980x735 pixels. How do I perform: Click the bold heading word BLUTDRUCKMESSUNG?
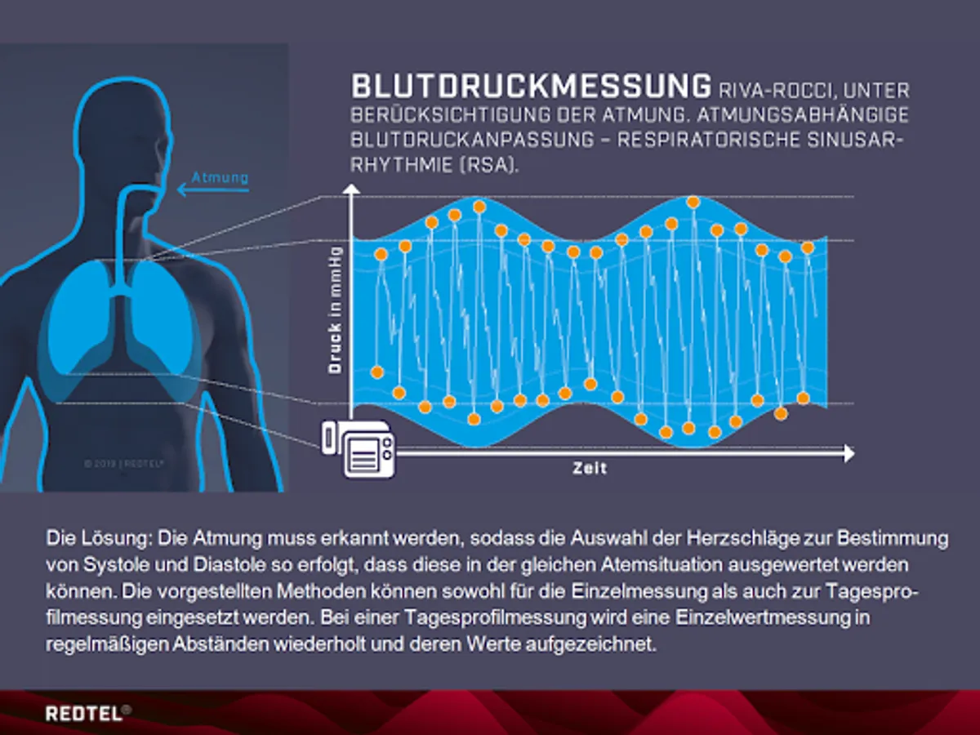(x=531, y=86)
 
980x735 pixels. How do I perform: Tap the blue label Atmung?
(x=220, y=177)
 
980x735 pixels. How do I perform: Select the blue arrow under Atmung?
(x=213, y=190)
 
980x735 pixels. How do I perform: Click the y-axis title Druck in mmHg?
(x=334, y=310)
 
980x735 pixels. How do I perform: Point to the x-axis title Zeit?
(x=590, y=468)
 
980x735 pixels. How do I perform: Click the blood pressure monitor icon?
(x=359, y=448)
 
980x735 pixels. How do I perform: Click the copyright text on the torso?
(x=123, y=464)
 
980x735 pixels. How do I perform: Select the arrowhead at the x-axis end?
(x=849, y=454)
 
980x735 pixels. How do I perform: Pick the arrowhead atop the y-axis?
(x=351, y=189)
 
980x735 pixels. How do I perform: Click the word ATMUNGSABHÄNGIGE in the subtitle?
(x=803, y=114)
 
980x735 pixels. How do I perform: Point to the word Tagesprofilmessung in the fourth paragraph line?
(x=496, y=618)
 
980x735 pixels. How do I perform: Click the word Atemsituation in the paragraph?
(x=661, y=565)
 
